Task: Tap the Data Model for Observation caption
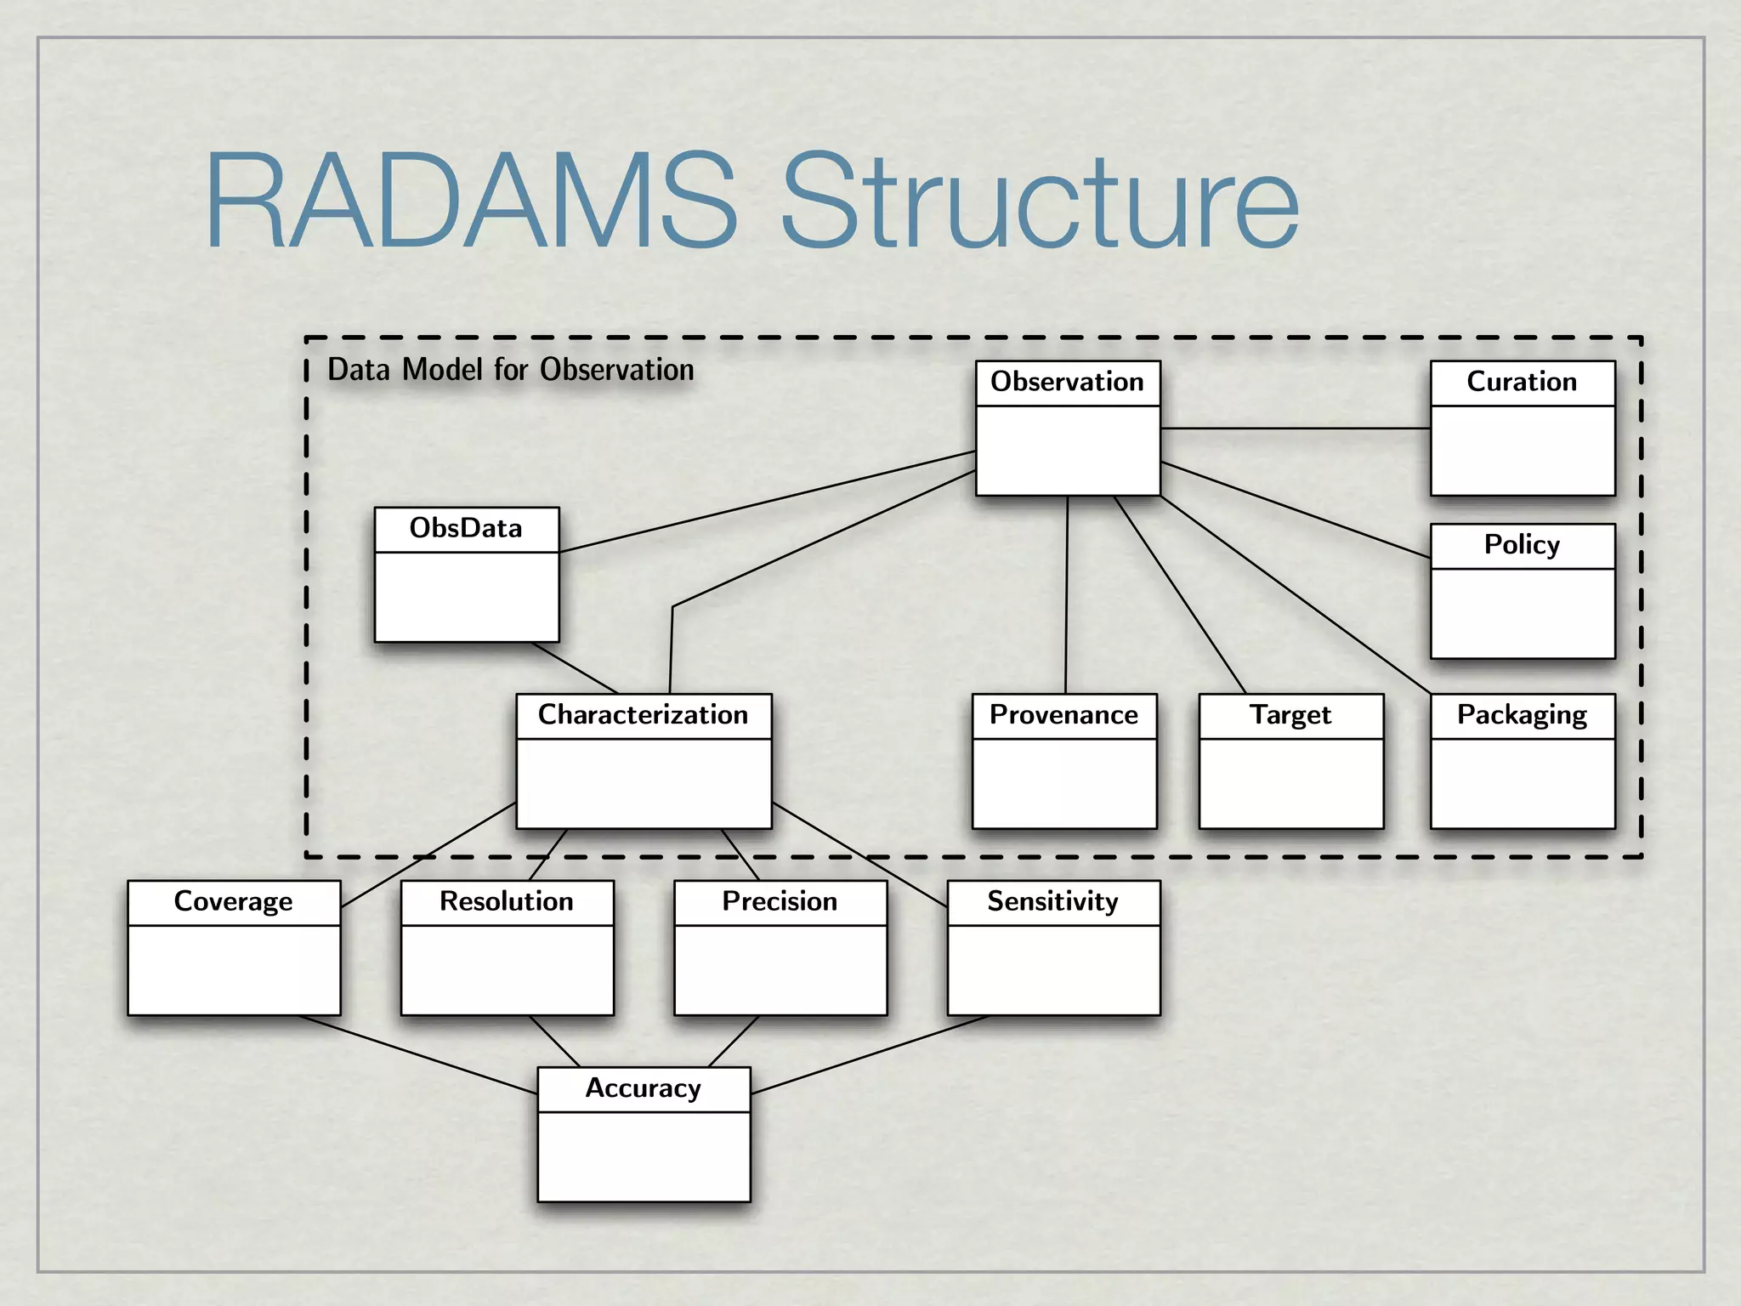(x=510, y=370)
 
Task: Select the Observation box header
(x=1067, y=382)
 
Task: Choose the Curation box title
(x=1522, y=382)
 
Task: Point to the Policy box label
(x=1522, y=545)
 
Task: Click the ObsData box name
(x=466, y=528)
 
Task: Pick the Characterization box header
(x=643, y=715)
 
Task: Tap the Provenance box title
(x=1063, y=715)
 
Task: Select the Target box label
(x=1290, y=715)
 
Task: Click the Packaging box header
(x=1522, y=715)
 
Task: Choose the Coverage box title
(x=233, y=901)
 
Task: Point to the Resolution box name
(x=507, y=901)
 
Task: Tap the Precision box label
(x=780, y=901)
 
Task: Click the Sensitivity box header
(x=1052, y=901)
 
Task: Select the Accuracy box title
(x=643, y=1088)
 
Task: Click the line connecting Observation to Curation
(x=1295, y=429)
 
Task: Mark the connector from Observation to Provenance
(x=1066, y=595)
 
